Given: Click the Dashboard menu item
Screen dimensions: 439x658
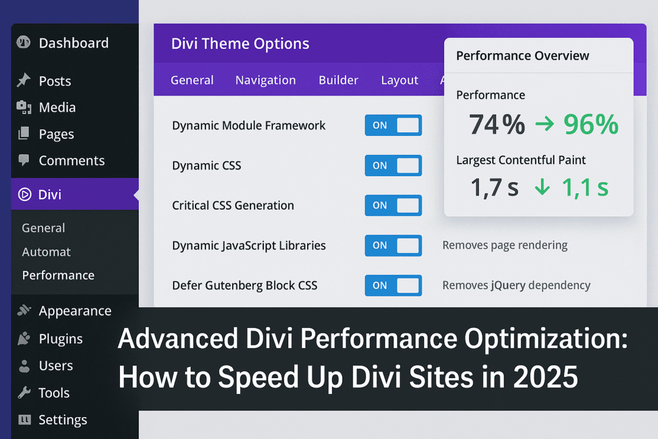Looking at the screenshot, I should tap(73, 43).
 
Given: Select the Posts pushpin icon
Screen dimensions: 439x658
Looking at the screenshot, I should tap(24, 80).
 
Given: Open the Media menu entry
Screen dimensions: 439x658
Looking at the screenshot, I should tap(57, 108).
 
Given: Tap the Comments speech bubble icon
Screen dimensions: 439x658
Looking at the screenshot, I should tap(24, 160).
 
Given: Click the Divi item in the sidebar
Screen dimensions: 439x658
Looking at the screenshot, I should tap(50, 195).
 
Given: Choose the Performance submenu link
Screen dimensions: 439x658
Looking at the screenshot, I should tap(58, 276).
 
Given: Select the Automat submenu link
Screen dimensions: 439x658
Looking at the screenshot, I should tap(46, 252).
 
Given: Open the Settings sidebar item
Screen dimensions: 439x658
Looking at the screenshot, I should tap(63, 420).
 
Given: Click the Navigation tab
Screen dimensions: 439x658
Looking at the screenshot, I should tap(266, 80).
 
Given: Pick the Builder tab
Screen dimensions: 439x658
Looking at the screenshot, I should tap(338, 80).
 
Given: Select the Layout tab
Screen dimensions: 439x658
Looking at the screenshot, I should tap(400, 80).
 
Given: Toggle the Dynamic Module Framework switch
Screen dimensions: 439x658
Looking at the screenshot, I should tap(393, 126).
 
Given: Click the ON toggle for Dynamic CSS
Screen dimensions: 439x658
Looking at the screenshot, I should tap(393, 165).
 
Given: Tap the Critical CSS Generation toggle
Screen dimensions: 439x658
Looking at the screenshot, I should tap(393, 205).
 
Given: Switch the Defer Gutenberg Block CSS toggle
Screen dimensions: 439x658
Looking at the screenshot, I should tap(393, 285).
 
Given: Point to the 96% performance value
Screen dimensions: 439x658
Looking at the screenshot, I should tap(590, 125).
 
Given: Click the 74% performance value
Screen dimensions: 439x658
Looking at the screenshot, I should tap(497, 125).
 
